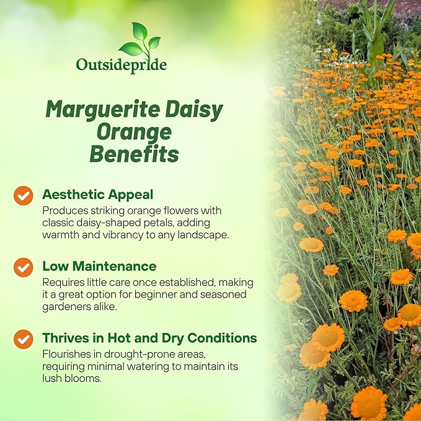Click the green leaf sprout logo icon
(x=140, y=41)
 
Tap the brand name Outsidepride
(x=121, y=64)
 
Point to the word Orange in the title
(x=134, y=132)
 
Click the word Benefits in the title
(x=134, y=154)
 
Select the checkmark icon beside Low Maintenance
(x=23, y=267)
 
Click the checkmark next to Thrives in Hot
(x=23, y=339)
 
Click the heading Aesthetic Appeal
(x=97, y=194)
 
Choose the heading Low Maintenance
(x=99, y=266)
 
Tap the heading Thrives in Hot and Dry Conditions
(x=149, y=338)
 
